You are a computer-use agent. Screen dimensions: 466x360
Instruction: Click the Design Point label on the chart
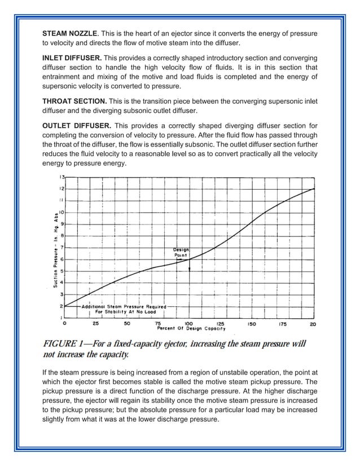pos(181,252)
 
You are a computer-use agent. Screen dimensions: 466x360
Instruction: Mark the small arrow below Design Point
pos(190,269)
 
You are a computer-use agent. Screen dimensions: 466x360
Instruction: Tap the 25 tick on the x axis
pos(95,324)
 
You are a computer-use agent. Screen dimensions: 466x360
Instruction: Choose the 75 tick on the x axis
pos(159,324)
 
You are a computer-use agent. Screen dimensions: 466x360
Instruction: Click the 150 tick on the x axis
pos(251,324)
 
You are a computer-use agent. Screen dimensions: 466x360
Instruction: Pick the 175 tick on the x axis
pos(283,324)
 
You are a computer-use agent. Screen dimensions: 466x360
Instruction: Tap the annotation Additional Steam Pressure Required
pos(124,306)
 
